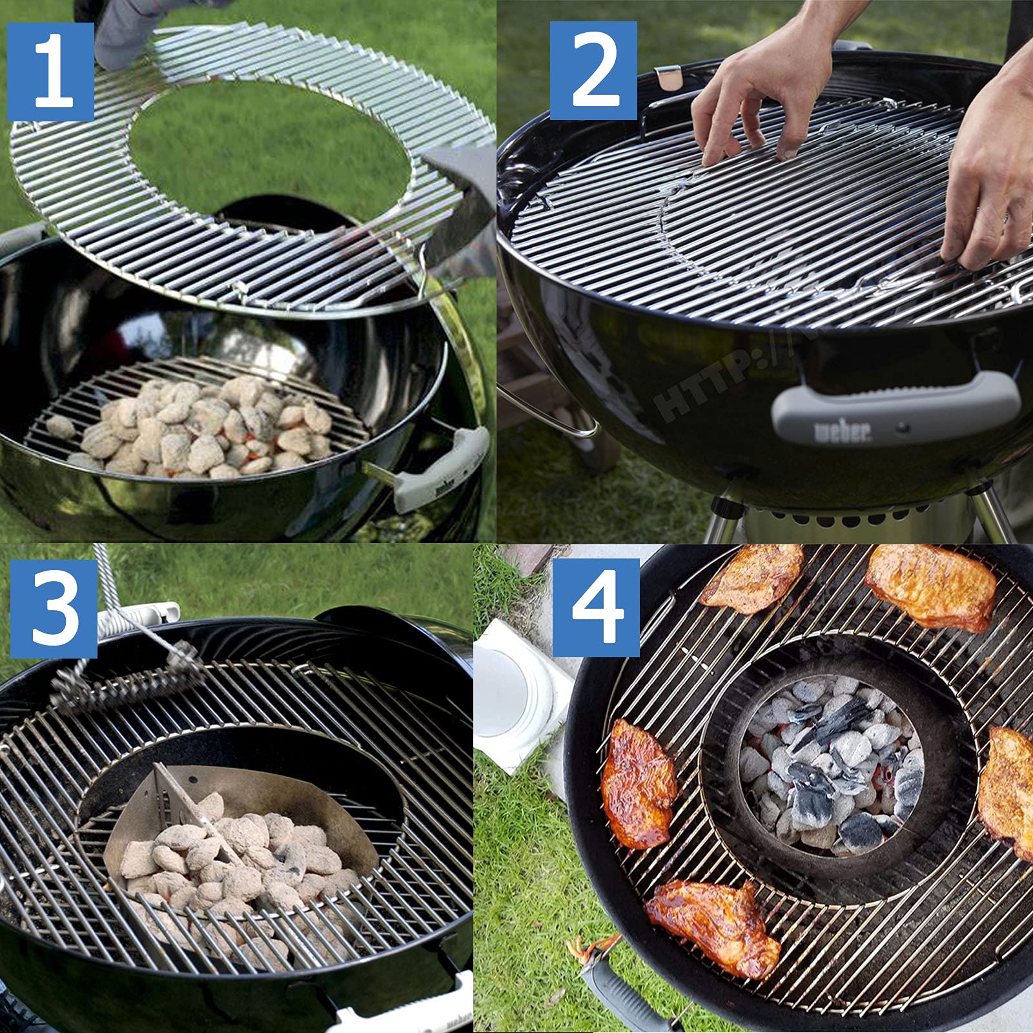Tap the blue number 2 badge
(x=593, y=71)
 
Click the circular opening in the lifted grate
(x=271, y=142)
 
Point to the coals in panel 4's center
(x=833, y=768)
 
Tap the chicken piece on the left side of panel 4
(x=639, y=781)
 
